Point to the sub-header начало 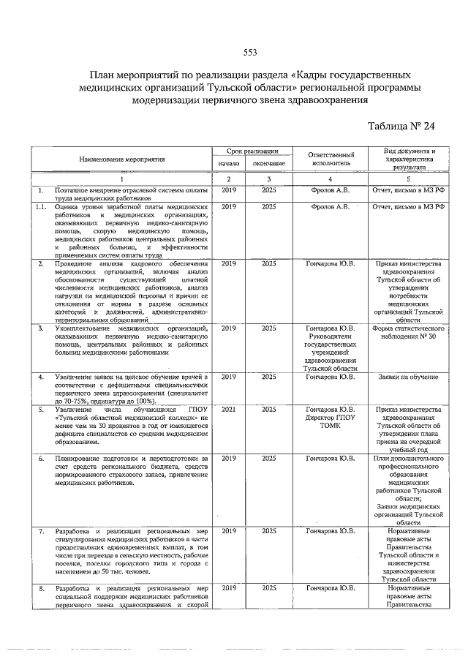(x=229, y=163)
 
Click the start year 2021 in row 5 (x=229, y=410)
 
